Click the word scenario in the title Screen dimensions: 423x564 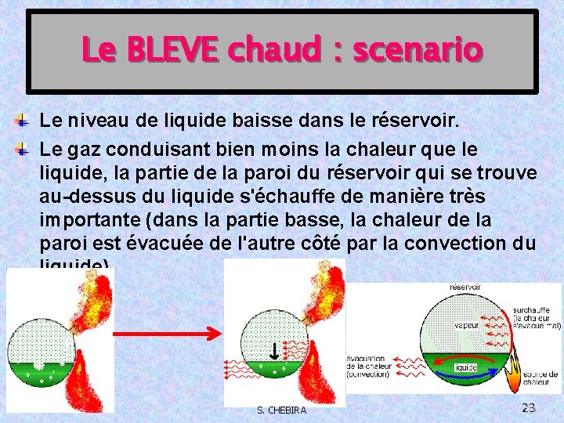click(x=418, y=51)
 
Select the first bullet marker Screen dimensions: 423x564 click(x=23, y=121)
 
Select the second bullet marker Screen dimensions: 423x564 click(x=23, y=148)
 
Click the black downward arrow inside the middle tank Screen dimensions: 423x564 click(x=273, y=350)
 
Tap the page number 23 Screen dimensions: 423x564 click(x=528, y=407)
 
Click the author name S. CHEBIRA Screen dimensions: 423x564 click(x=282, y=410)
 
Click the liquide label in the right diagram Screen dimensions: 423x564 click(x=466, y=367)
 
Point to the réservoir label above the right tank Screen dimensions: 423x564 click(x=466, y=287)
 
